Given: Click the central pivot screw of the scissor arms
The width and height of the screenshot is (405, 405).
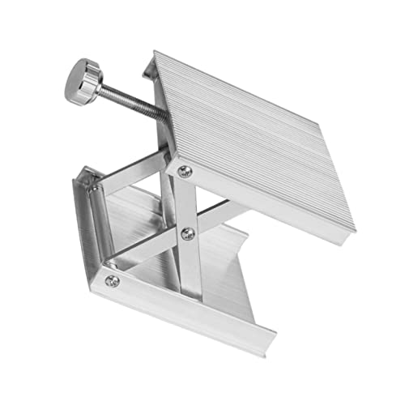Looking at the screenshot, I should click(189, 234).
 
